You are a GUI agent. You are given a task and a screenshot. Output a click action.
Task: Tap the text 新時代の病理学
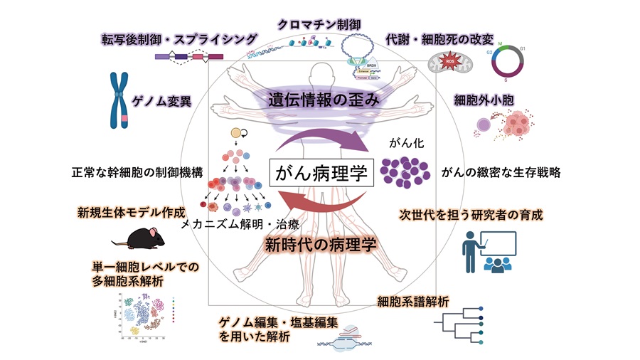coord(321,245)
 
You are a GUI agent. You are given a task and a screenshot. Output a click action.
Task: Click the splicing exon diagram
coord(181,57)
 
